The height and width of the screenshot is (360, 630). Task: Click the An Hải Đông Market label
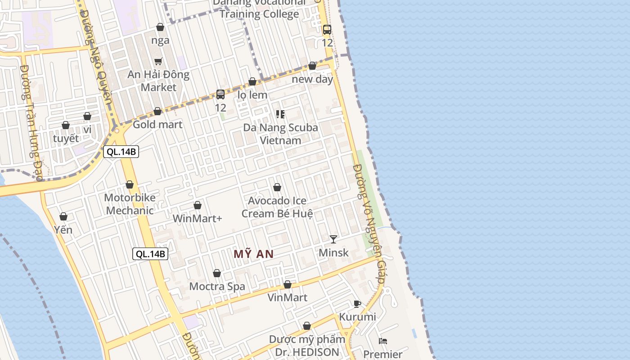[x=158, y=81]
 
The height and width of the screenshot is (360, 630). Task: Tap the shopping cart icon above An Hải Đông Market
[x=158, y=61]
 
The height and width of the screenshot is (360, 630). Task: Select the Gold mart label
[x=157, y=124]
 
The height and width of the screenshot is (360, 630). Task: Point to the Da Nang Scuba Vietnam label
[x=280, y=134]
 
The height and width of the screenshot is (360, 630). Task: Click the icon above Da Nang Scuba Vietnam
[x=280, y=114]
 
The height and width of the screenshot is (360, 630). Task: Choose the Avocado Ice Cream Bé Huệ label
[x=277, y=207]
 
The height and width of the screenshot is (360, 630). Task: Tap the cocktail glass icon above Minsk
[x=333, y=239]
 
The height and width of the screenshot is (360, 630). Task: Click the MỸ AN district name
[x=254, y=254]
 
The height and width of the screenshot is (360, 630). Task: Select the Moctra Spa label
[x=217, y=286]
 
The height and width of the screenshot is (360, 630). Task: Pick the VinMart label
[x=288, y=297]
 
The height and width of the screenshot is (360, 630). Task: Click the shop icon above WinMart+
[x=197, y=206]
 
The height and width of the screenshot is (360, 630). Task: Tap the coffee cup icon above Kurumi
[x=357, y=304]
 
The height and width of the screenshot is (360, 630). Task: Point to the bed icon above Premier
[x=383, y=341]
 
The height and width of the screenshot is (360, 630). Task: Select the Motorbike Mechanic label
[x=130, y=204]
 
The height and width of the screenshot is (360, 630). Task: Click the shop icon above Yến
[x=63, y=217]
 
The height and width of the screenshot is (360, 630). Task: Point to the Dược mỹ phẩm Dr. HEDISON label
[x=307, y=345]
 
